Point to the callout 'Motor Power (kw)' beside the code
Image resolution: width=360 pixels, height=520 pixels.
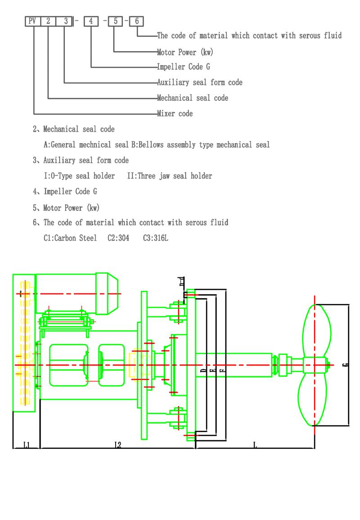184,52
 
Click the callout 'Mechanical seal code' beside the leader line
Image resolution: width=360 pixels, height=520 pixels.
192,98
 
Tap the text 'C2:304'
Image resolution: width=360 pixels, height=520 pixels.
118,238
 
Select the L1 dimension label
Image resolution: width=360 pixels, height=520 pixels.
27,445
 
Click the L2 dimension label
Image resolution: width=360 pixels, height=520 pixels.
117,445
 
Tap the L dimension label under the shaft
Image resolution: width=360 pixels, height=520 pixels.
255,445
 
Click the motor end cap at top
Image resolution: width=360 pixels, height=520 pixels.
108,293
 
